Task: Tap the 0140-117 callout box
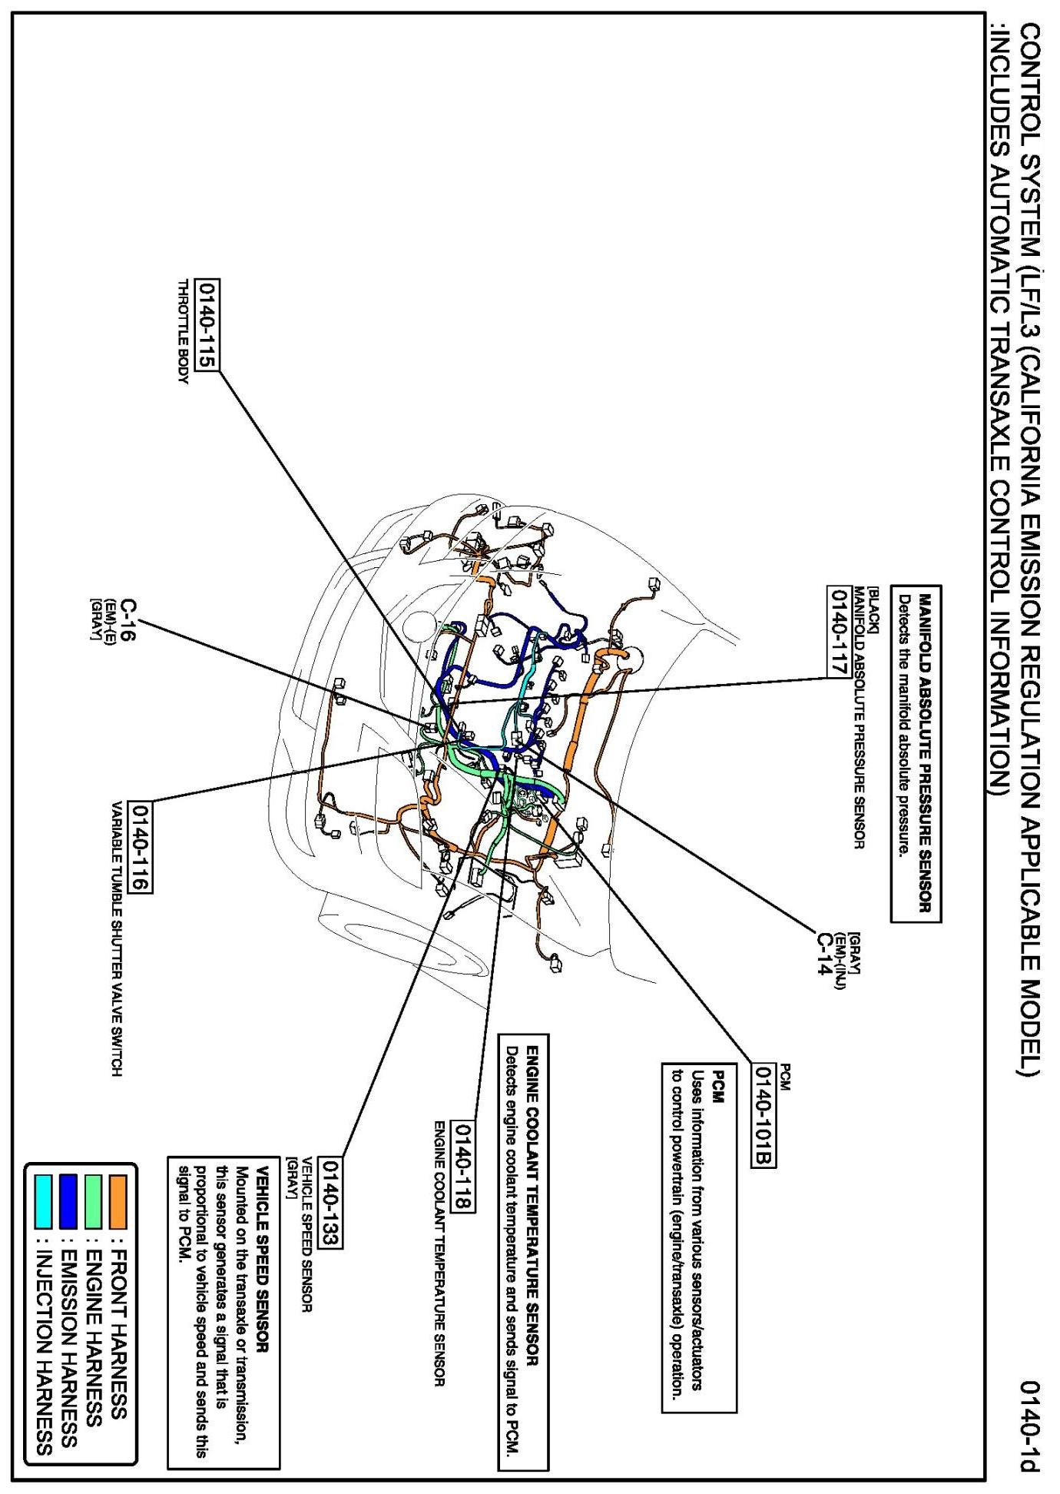tap(835, 631)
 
